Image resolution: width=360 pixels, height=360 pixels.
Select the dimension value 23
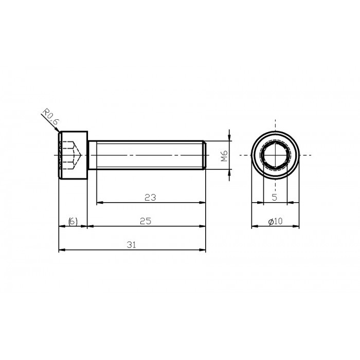[x=150, y=197]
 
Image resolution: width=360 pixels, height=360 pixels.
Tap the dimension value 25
[x=146, y=221]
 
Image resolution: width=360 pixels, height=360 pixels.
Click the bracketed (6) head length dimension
[x=73, y=221]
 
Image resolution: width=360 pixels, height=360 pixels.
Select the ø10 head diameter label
[x=276, y=221]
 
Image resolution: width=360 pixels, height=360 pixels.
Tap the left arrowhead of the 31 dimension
[x=61, y=250]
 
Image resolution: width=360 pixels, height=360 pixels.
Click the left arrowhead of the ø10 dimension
[x=254, y=226]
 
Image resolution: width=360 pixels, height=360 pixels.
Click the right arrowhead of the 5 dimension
[x=284, y=202]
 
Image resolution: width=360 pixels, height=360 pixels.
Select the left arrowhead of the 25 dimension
[x=90, y=226]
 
